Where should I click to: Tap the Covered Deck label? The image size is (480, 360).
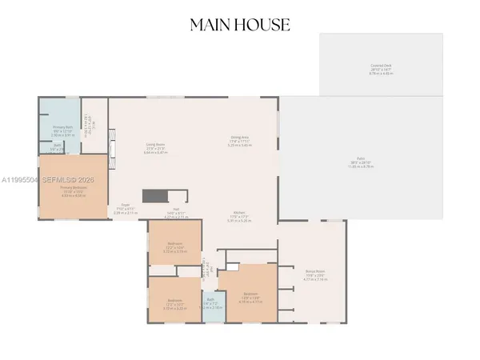click(x=381, y=66)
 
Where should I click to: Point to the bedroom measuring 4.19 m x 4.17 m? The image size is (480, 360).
click(x=249, y=295)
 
